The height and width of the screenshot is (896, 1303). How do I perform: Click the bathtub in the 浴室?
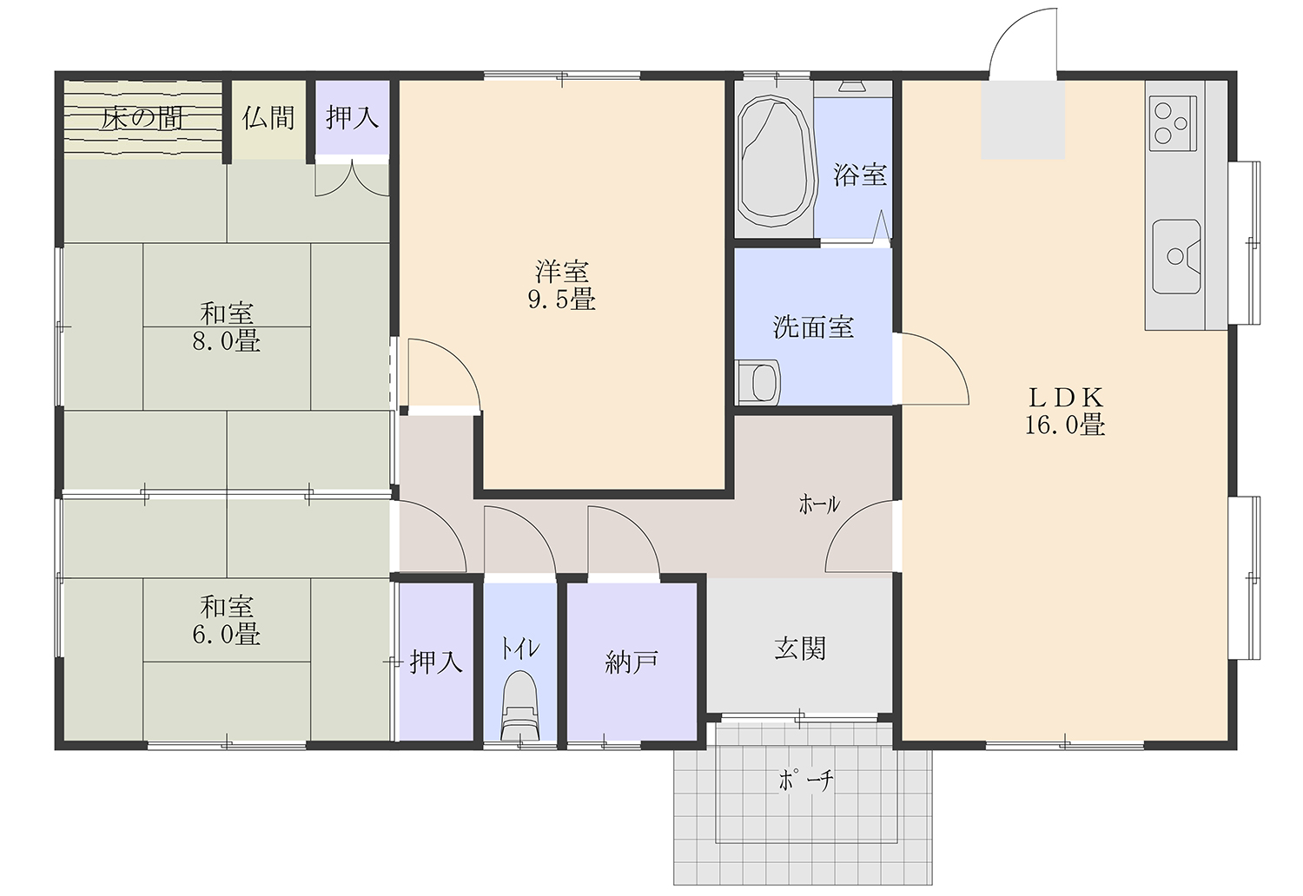click(x=774, y=161)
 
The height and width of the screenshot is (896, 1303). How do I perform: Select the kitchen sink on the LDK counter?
click(x=1176, y=256)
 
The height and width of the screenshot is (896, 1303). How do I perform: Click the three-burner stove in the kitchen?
click(x=1173, y=123)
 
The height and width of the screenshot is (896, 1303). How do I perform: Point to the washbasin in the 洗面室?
click(x=758, y=382)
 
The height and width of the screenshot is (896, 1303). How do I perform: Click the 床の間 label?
click(x=142, y=119)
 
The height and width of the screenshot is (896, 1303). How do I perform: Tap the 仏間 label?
click(x=268, y=117)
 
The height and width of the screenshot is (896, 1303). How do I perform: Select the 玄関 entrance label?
click(x=800, y=649)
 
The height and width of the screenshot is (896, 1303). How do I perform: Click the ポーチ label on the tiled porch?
click(x=805, y=781)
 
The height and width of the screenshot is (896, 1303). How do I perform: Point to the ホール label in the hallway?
click(x=819, y=504)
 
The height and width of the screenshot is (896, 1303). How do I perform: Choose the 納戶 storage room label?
click(x=632, y=662)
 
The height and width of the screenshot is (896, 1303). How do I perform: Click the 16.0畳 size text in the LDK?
click(x=1064, y=425)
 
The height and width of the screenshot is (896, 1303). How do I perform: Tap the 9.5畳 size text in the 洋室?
click(x=561, y=300)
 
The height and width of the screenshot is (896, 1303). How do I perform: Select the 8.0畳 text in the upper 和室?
click(x=226, y=341)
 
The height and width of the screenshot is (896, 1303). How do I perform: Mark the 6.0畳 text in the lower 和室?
click(x=226, y=634)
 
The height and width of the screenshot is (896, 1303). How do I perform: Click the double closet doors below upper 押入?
click(x=352, y=181)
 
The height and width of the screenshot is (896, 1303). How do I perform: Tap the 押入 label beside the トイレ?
click(x=436, y=662)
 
